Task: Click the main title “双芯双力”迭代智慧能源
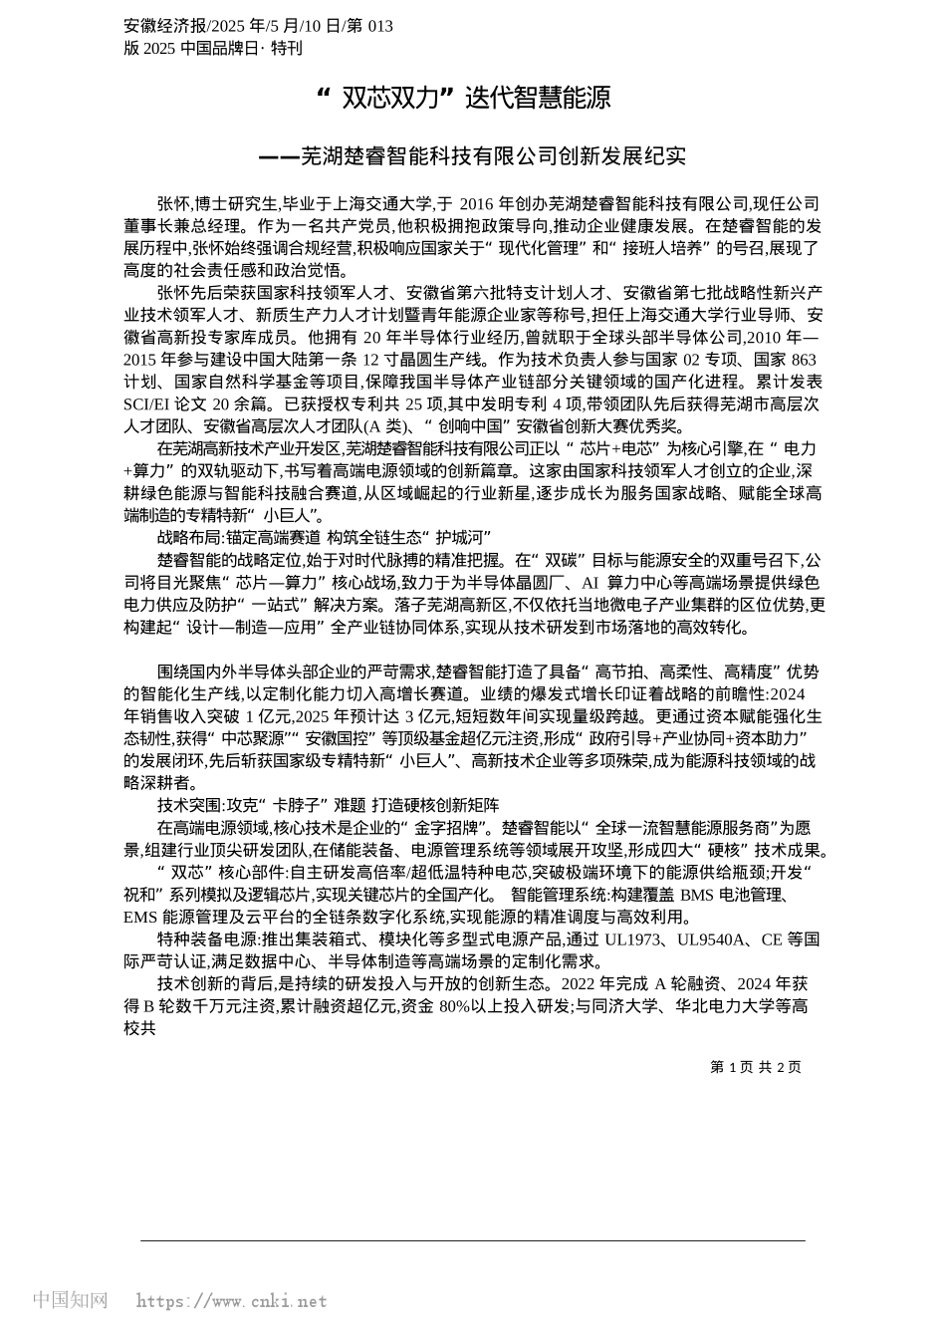coord(463,98)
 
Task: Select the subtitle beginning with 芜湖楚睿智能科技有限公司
coord(472,156)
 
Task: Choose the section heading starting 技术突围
coord(329,805)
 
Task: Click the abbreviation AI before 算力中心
coord(590,582)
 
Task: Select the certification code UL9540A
coord(713,939)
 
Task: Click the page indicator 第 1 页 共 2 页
coord(755,1067)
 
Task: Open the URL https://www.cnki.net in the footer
coord(231,1301)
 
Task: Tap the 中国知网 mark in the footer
coord(71,1300)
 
